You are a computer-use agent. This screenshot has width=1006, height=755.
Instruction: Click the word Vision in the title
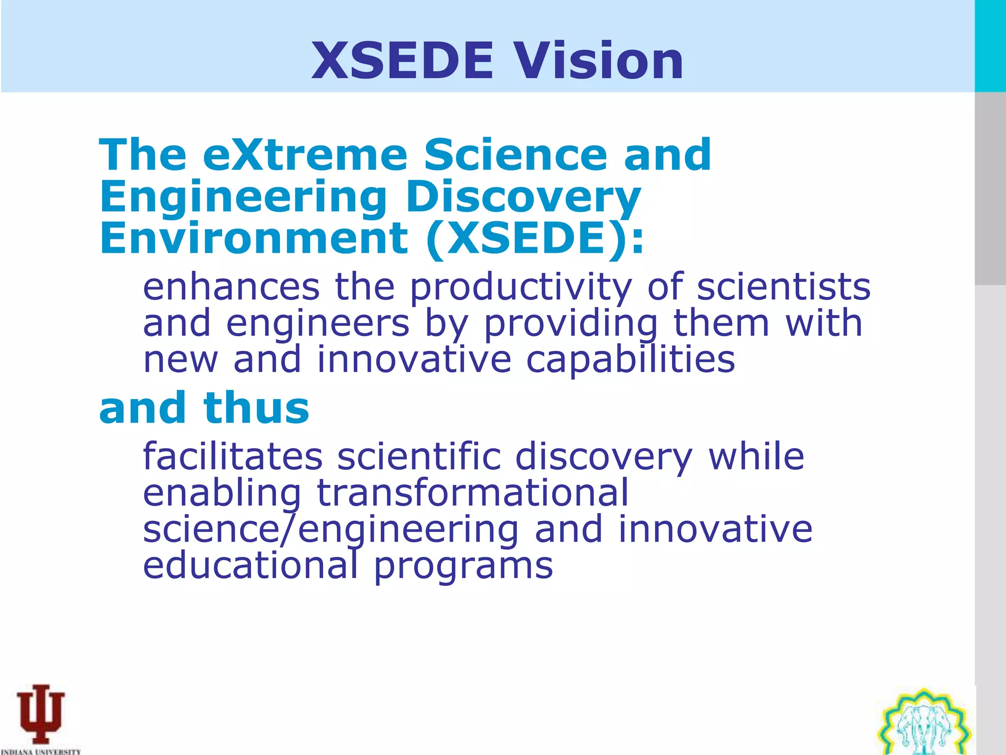598,61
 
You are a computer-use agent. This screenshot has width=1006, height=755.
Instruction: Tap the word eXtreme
305,155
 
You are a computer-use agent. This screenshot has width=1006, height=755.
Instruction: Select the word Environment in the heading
253,238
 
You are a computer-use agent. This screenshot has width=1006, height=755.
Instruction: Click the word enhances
231,287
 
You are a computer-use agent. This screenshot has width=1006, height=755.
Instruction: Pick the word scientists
783,287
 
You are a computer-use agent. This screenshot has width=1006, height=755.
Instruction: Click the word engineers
318,324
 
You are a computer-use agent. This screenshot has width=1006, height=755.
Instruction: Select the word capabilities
630,360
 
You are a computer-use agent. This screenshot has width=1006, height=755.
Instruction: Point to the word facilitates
233,457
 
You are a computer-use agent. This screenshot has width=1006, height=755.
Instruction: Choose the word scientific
419,457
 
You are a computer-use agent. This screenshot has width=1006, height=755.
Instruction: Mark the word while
756,457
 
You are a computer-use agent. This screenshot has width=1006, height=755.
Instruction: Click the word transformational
473,493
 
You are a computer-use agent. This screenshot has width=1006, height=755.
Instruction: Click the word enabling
222,494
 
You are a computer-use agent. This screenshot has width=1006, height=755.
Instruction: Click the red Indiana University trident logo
41,713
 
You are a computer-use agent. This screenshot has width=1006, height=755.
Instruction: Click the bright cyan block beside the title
990,46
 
